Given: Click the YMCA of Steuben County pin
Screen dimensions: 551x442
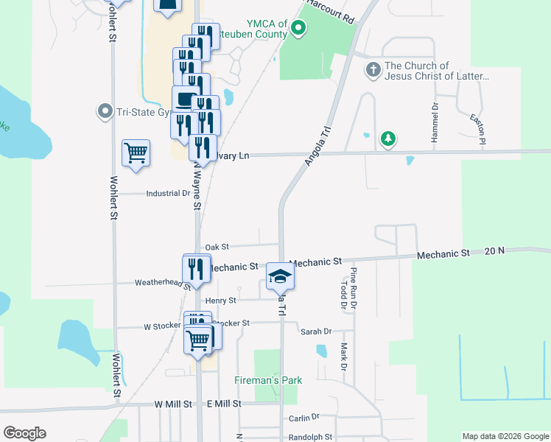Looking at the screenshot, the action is pyautogui.click(x=298, y=29).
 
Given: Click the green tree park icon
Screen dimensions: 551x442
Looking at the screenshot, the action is pyautogui.click(x=388, y=138).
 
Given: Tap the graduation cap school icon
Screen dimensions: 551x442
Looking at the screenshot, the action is pyautogui.click(x=280, y=277).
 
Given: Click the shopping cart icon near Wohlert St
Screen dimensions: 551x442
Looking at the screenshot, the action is pyautogui.click(x=136, y=154).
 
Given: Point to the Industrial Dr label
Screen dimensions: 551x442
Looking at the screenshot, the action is pyautogui.click(x=168, y=194).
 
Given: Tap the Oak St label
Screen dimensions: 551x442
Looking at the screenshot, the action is pyautogui.click(x=217, y=247).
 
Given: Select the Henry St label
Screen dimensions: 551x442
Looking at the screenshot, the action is pyautogui.click(x=221, y=301).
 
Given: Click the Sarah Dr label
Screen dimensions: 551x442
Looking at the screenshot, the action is pyautogui.click(x=316, y=331).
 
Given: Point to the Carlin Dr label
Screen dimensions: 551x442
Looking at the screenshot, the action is pyautogui.click(x=303, y=418).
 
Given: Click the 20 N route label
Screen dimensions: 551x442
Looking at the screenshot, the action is pyautogui.click(x=495, y=250).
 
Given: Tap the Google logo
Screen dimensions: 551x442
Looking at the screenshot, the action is pyautogui.click(x=24, y=433).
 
